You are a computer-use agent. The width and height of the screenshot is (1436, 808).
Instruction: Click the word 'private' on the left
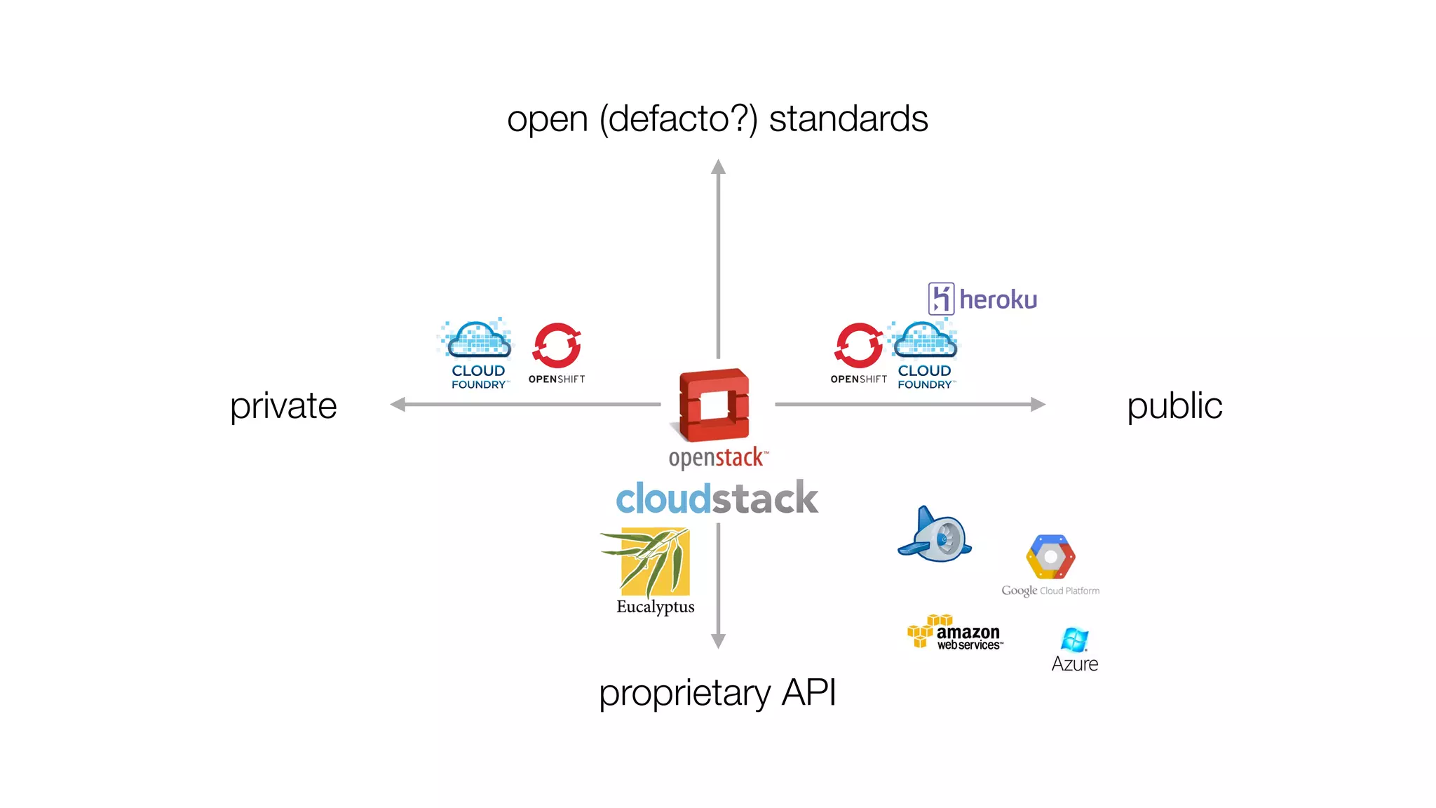click(x=283, y=406)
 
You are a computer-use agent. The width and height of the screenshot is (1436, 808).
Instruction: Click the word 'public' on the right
click(x=1174, y=406)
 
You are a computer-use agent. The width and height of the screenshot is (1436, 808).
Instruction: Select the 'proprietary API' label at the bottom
click(x=717, y=693)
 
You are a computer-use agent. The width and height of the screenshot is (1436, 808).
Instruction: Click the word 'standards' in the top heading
click(x=848, y=119)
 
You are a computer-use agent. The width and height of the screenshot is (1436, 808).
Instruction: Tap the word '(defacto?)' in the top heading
click(x=678, y=119)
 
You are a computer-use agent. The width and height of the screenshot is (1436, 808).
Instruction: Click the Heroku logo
click(x=982, y=299)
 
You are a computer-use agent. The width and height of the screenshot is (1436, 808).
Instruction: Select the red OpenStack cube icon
click(x=714, y=405)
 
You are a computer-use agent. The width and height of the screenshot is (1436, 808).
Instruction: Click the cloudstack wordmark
click(x=717, y=499)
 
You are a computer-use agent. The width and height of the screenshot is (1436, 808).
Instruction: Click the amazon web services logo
click(x=955, y=633)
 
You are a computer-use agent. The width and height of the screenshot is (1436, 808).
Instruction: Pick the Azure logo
click(x=1074, y=650)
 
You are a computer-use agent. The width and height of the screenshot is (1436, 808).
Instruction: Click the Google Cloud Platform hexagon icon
click(x=1050, y=557)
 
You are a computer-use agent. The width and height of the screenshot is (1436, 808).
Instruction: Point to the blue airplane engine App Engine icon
click(x=935, y=535)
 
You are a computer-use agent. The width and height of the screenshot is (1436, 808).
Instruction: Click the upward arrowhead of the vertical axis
click(x=718, y=168)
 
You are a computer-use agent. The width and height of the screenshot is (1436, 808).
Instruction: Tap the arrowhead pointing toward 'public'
click(x=1038, y=405)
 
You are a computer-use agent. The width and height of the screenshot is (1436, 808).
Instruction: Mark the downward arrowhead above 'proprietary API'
click(x=718, y=640)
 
